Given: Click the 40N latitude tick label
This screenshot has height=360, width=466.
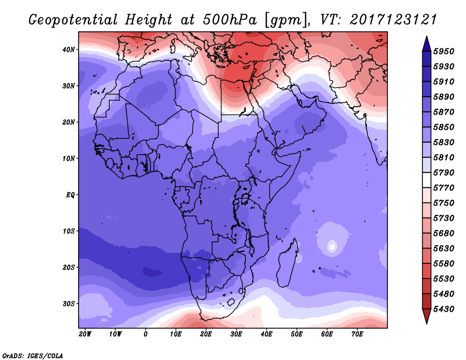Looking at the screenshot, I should pyautogui.click(x=69, y=50).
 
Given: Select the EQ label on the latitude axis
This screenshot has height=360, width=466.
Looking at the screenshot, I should pyautogui.click(x=70, y=195).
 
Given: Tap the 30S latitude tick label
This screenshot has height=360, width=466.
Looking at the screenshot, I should pyautogui.click(x=69, y=303).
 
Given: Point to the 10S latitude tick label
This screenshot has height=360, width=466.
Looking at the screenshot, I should pyautogui.click(x=69, y=231).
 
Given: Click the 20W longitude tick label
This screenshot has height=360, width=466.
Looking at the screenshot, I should pyautogui.click(x=85, y=334).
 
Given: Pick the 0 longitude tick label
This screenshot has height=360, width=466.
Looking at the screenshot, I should pyautogui.click(x=146, y=334).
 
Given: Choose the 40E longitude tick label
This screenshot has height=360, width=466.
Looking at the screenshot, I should pyautogui.click(x=266, y=334).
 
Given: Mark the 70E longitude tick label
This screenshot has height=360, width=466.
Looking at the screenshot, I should pyautogui.click(x=357, y=334).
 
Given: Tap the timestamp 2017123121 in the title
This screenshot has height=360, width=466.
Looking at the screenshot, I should pyautogui.click(x=394, y=19).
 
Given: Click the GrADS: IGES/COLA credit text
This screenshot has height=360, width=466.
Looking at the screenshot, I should pyautogui.click(x=32, y=355).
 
